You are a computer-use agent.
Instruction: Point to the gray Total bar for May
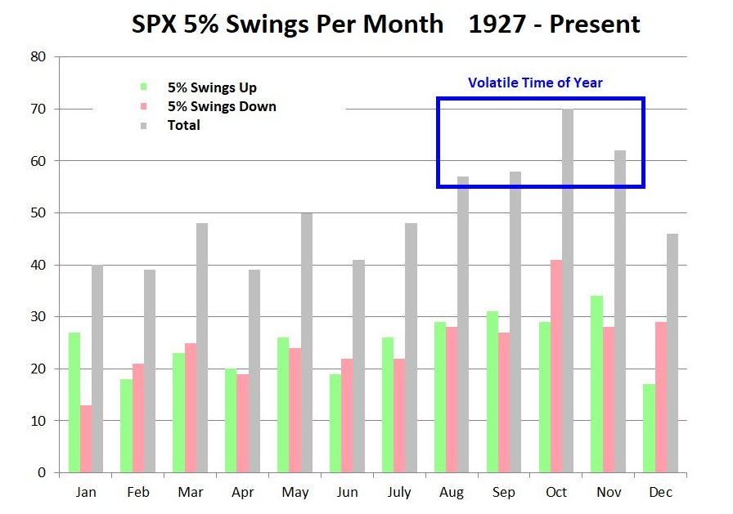307,342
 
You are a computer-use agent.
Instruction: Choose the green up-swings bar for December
649,428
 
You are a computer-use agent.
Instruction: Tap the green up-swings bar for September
492,392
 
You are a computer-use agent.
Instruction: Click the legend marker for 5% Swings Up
145,87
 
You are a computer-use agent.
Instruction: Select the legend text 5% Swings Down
222,106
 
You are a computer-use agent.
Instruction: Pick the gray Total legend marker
145,125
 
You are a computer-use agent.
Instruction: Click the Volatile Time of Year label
535,83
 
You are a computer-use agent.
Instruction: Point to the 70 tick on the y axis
38,109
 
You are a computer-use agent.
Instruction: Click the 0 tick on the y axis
42,473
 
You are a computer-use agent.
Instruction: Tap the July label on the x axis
399,493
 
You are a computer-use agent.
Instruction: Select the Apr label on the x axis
243,493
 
